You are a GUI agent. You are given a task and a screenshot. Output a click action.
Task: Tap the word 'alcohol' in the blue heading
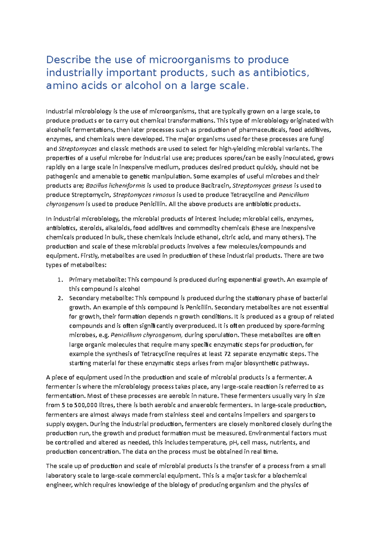(143, 86)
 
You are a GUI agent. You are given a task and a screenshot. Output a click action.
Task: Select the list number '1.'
(60, 280)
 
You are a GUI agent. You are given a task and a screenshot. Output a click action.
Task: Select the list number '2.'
(60, 298)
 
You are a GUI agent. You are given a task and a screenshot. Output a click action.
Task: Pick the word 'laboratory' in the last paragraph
(61, 476)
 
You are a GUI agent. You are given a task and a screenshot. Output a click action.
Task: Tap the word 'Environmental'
(269, 433)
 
